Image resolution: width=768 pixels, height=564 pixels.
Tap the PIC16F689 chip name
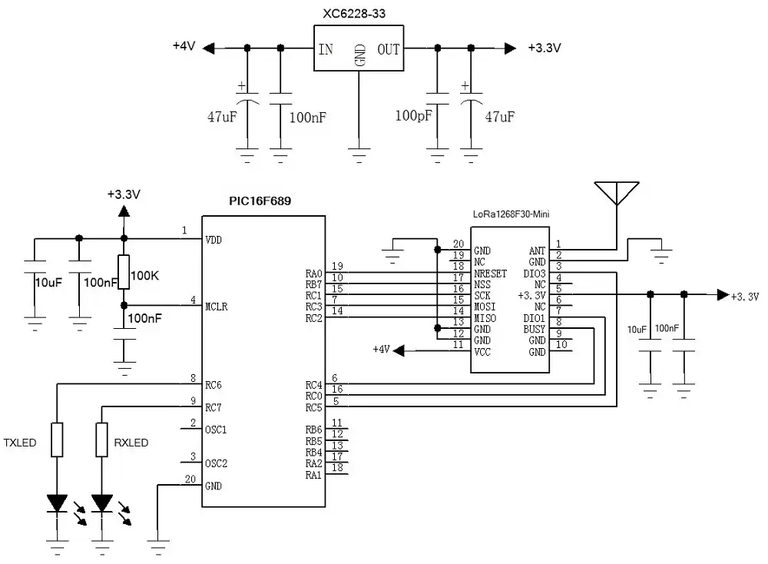(259, 201)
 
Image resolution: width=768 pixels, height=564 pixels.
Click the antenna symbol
(617, 193)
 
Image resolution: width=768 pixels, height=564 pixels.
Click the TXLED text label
(20, 443)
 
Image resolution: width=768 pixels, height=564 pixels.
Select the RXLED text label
(131, 443)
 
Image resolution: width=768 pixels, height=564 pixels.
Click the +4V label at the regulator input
(184, 47)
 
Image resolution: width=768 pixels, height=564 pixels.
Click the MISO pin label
(485, 318)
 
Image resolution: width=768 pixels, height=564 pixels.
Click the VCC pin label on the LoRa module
(483, 351)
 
